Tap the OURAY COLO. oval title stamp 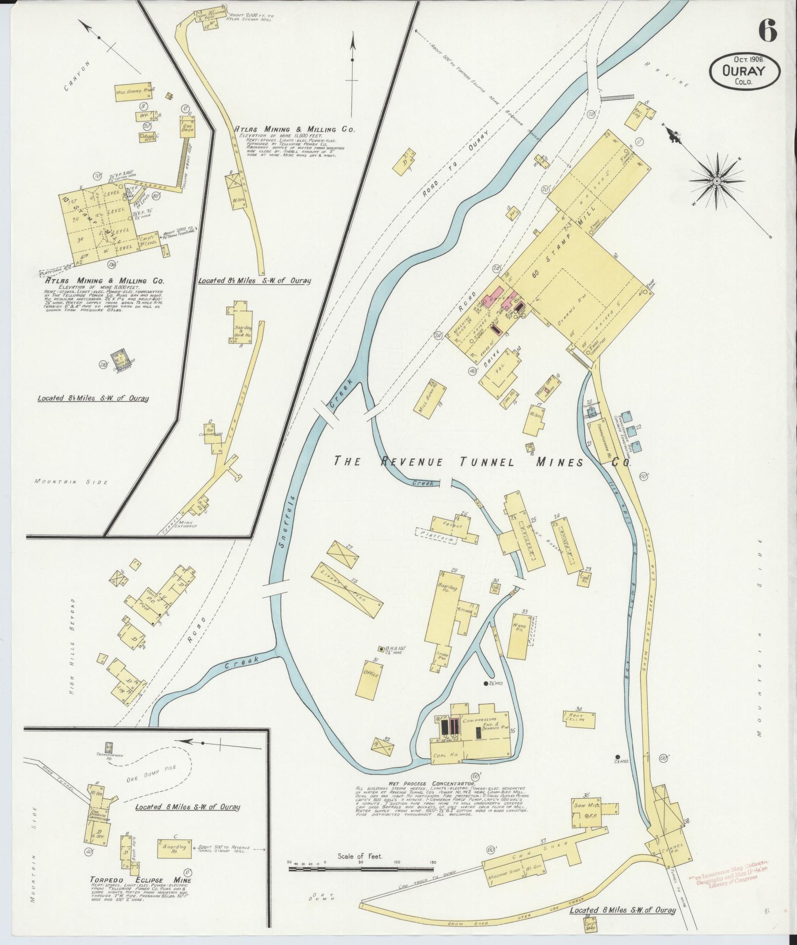[745, 72]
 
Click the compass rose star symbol [716, 182]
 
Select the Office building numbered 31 [370, 673]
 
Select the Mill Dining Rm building [133, 92]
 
